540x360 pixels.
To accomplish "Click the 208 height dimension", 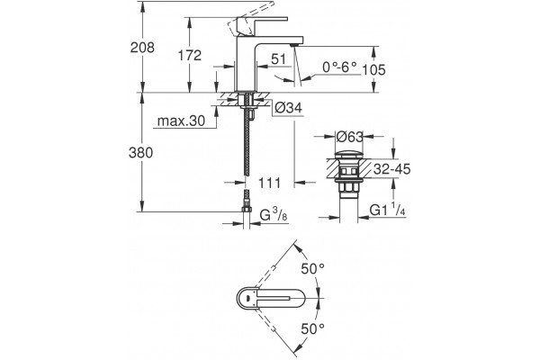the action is click(x=142, y=48).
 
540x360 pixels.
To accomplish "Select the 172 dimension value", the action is click(x=189, y=55).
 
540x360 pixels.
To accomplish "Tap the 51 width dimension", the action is click(x=278, y=59).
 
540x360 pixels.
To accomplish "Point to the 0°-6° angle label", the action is click(x=339, y=67).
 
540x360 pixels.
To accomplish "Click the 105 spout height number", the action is click(x=373, y=70).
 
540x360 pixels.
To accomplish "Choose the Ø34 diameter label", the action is click(x=288, y=108).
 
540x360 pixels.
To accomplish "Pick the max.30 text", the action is click(x=181, y=121).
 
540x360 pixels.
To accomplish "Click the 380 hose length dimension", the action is click(x=140, y=153).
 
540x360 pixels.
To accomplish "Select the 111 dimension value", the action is click(x=269, y=183).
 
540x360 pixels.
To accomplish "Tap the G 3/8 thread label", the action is click(x=274, y=215).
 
